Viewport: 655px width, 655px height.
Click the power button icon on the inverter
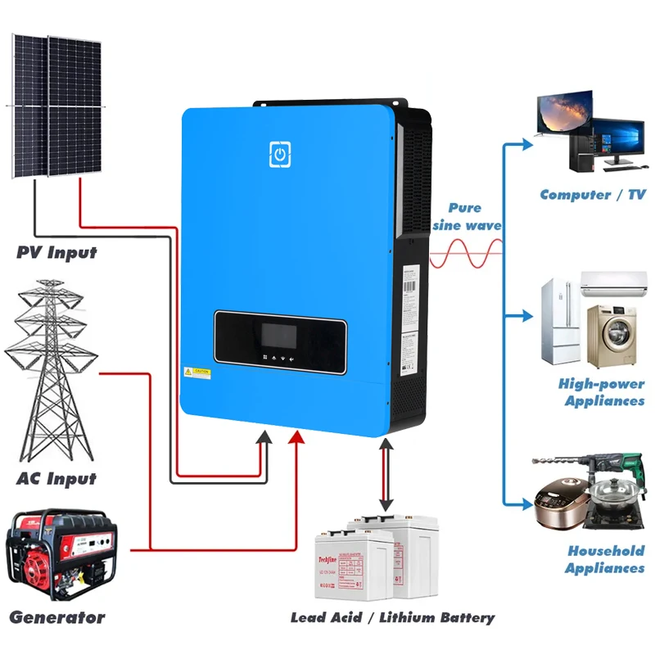click(x=280, y=154)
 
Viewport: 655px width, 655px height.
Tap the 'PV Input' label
click(x=56, y=252)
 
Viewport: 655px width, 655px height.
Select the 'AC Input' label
click(x=56, y=478)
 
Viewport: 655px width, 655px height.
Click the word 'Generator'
click(x=56, y=617)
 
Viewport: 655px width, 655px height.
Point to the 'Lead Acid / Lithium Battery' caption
click(x=392, y=617)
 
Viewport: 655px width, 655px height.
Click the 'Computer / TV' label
click(x=593, y=195)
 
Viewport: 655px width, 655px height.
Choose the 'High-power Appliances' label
click(x=601, y=392)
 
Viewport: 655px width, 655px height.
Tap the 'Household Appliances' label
click(x=605, y=559)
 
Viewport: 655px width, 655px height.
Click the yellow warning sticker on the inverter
click(x=198, y=372)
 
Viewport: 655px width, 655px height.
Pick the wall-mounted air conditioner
click(x=612, y=284)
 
